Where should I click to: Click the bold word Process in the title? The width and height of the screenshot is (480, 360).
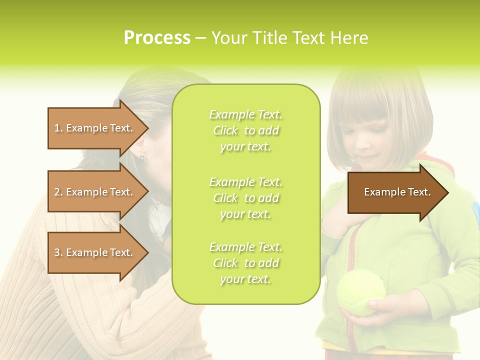(157, 38)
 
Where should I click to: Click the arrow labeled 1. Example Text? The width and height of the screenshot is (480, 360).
(95, 128)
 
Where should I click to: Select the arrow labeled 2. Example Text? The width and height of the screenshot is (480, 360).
(95, 192)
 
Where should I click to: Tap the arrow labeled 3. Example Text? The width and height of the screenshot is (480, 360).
(95, 252)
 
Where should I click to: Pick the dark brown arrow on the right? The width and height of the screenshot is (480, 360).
(395, 192)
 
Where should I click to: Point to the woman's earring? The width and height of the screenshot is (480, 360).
(142, 158)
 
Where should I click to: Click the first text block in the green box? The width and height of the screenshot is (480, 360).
(245, 130)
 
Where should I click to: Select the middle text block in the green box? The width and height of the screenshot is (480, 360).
(245, 198)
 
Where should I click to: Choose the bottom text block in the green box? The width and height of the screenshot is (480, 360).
(245, 263)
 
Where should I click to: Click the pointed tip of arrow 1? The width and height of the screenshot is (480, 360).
(147, 128)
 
